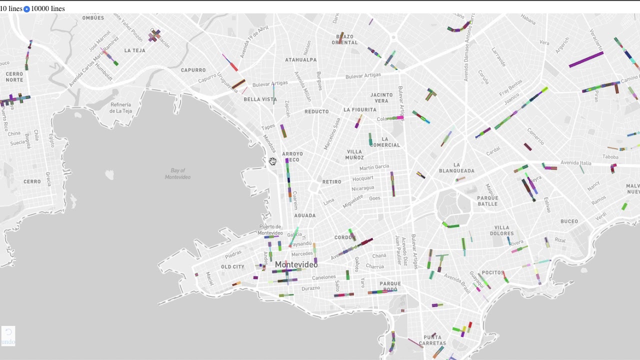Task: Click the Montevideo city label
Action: (296, 264)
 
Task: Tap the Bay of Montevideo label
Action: (177, 174)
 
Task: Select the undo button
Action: (8, 336)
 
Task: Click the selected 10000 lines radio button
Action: (26, 9)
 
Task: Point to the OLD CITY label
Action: (232, 267)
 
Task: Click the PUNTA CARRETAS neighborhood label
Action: (432, 340)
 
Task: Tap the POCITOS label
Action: (493, 272)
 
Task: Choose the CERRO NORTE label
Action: (14, 77)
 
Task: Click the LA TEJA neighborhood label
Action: (134, 50)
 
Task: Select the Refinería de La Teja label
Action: (121, 107)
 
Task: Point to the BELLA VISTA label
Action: (260, 99)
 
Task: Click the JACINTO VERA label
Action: (381, 97)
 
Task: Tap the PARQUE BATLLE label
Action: (487, 200)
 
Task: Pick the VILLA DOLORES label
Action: (501, 230)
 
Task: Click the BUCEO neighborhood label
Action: (569, 221)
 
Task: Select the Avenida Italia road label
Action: (575, 162)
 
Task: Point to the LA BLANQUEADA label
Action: (456, 167)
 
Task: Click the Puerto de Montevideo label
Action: (270, 230)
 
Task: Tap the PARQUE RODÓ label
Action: (390, 286)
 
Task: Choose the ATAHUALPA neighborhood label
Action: (300, 60)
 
